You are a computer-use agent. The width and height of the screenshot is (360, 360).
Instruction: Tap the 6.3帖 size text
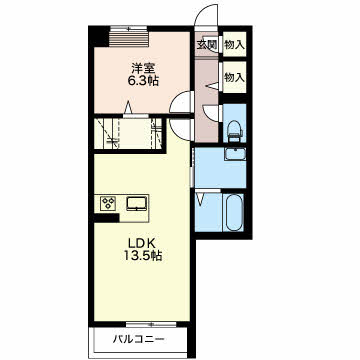(143, 81)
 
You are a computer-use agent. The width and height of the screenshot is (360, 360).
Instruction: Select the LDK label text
(141, 244)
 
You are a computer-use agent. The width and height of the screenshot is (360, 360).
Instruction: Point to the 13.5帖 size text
(143, 256)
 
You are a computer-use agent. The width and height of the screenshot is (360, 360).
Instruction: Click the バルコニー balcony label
(138, 340)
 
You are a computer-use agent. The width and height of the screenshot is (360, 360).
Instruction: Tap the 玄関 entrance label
(206, 44)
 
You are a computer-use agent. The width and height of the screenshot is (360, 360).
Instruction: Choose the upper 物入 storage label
(234, 44)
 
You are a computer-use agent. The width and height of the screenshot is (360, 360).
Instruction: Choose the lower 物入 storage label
(234, 78)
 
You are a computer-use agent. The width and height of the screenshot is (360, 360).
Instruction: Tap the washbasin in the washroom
(235, 154)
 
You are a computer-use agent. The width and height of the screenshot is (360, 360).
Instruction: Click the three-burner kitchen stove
(109, 203)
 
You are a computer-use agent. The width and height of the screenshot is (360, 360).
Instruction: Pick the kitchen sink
(137, 203)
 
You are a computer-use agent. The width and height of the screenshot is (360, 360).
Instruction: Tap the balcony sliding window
(151, 324)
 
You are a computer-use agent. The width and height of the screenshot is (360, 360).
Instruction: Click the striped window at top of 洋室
(128, 37)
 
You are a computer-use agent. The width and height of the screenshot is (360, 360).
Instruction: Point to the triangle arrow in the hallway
(212, 86)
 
